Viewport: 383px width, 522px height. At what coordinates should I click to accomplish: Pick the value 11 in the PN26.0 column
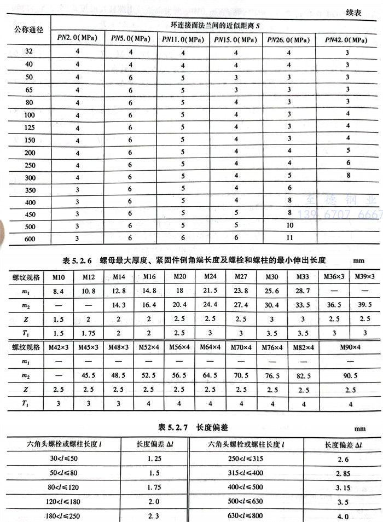[289, 238]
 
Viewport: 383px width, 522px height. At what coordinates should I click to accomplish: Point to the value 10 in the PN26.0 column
[289, 225]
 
